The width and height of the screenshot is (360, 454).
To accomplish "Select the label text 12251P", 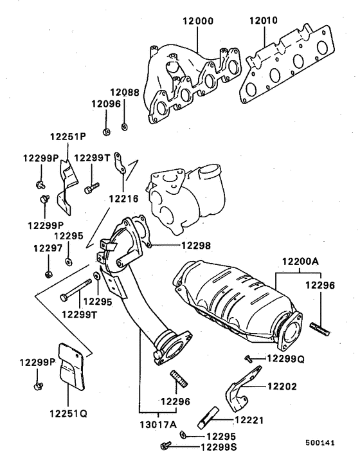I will coord(68,137).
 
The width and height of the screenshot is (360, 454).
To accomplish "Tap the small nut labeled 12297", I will coord(49,275).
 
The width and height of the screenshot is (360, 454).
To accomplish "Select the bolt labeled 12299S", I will coord(168,444).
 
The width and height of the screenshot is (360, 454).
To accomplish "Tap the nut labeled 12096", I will coord(107,132).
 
